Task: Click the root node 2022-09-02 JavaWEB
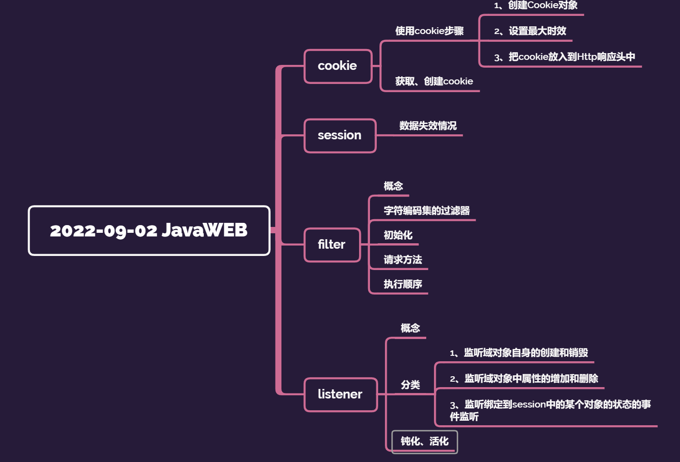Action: click(x=149, y=231)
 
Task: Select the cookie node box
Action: click(x=338, y=66)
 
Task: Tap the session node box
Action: click(x=340, y=136)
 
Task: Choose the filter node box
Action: click(x=332, y=245)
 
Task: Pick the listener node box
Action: click(x=340, y=394)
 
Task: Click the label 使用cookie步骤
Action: click(x=429, y=31)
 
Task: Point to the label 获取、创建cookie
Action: click(x=434, y=81)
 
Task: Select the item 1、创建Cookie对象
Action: click(x=536, y=5)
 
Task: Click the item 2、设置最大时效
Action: click(x=530, y=31)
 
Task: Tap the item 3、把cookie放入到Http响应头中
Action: click(x=564, y=57)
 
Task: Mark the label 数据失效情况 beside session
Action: click(x=428, y=126)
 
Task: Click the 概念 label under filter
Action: click(x=393, y=186)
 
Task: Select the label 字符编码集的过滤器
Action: click(x=426, y=211)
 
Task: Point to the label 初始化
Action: click(x=398, y=235)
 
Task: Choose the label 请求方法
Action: click(x=403, y=260)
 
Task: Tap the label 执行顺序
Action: click(x=403, y=284)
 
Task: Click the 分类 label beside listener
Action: click(x=410, y=385)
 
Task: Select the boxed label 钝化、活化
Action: click(x=424, y=442)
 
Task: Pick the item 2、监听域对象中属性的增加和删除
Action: click(x=524, y=378)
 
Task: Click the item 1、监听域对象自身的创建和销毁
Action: click(x=519, y=353)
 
